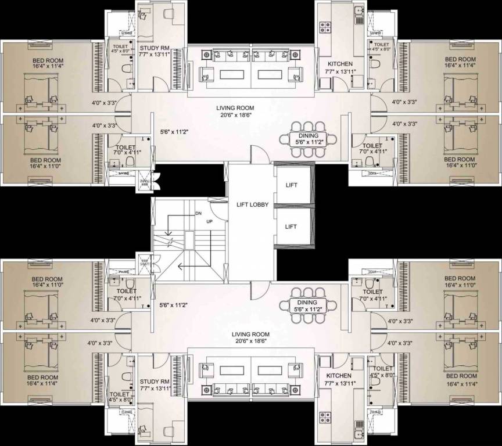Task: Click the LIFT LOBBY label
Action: (x=252, y=204)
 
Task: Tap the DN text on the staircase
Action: (x=198, y=214)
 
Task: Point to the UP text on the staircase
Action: (x=210, y=222)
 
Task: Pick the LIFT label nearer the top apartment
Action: (x=291, y=185)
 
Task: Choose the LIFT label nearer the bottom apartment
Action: (x=291, y=227)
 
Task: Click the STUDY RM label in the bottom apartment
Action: (x=153, y=382)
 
